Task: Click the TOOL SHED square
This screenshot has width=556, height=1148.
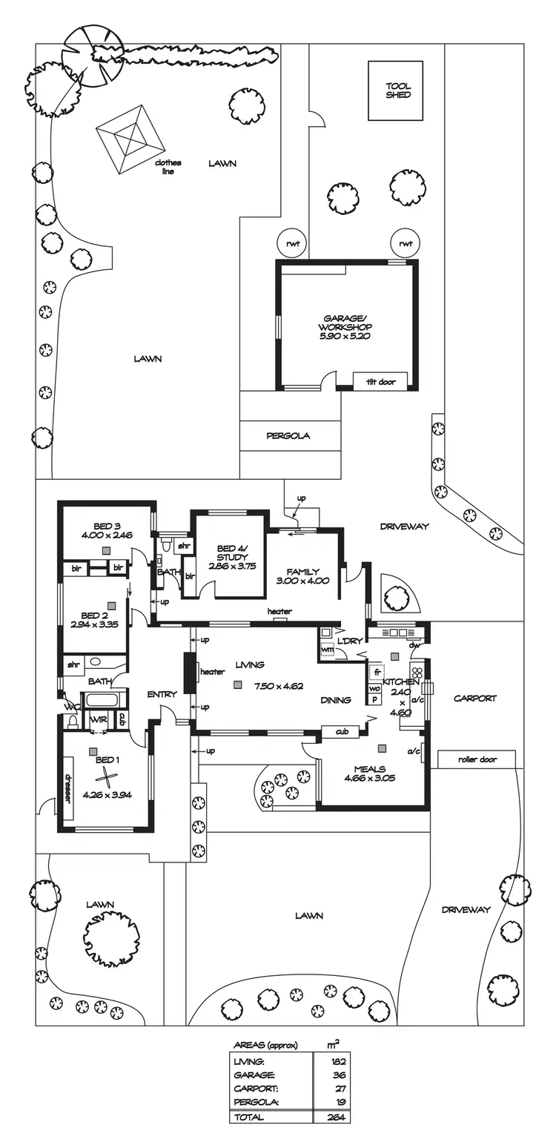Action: pos(397,90)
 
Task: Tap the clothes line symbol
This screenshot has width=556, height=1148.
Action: pos(131,139)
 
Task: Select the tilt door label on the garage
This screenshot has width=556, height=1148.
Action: pos(380,383)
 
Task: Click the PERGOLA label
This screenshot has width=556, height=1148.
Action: pos(288,436)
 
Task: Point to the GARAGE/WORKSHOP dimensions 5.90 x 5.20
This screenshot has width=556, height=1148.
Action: pos(345,336)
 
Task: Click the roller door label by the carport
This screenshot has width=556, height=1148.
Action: pos(477,759)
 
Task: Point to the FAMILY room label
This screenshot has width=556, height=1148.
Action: pos(302,572)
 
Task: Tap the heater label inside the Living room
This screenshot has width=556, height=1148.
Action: pos(212,672)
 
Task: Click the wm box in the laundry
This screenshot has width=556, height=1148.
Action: pos(327,650)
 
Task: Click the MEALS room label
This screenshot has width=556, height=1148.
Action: pos(368,769)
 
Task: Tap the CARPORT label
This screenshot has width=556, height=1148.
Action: pos(474,698)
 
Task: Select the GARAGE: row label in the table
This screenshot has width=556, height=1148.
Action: pos(254,1074)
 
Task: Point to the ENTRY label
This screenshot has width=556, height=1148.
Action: pos(162,694)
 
